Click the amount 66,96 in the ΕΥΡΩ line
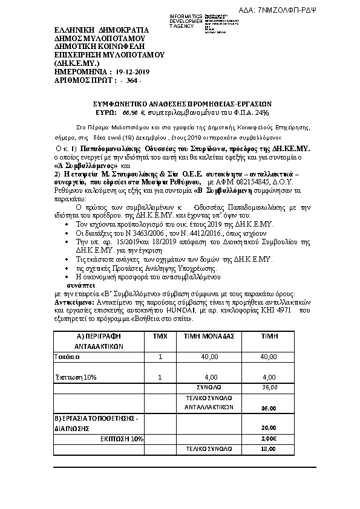point(129,112)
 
